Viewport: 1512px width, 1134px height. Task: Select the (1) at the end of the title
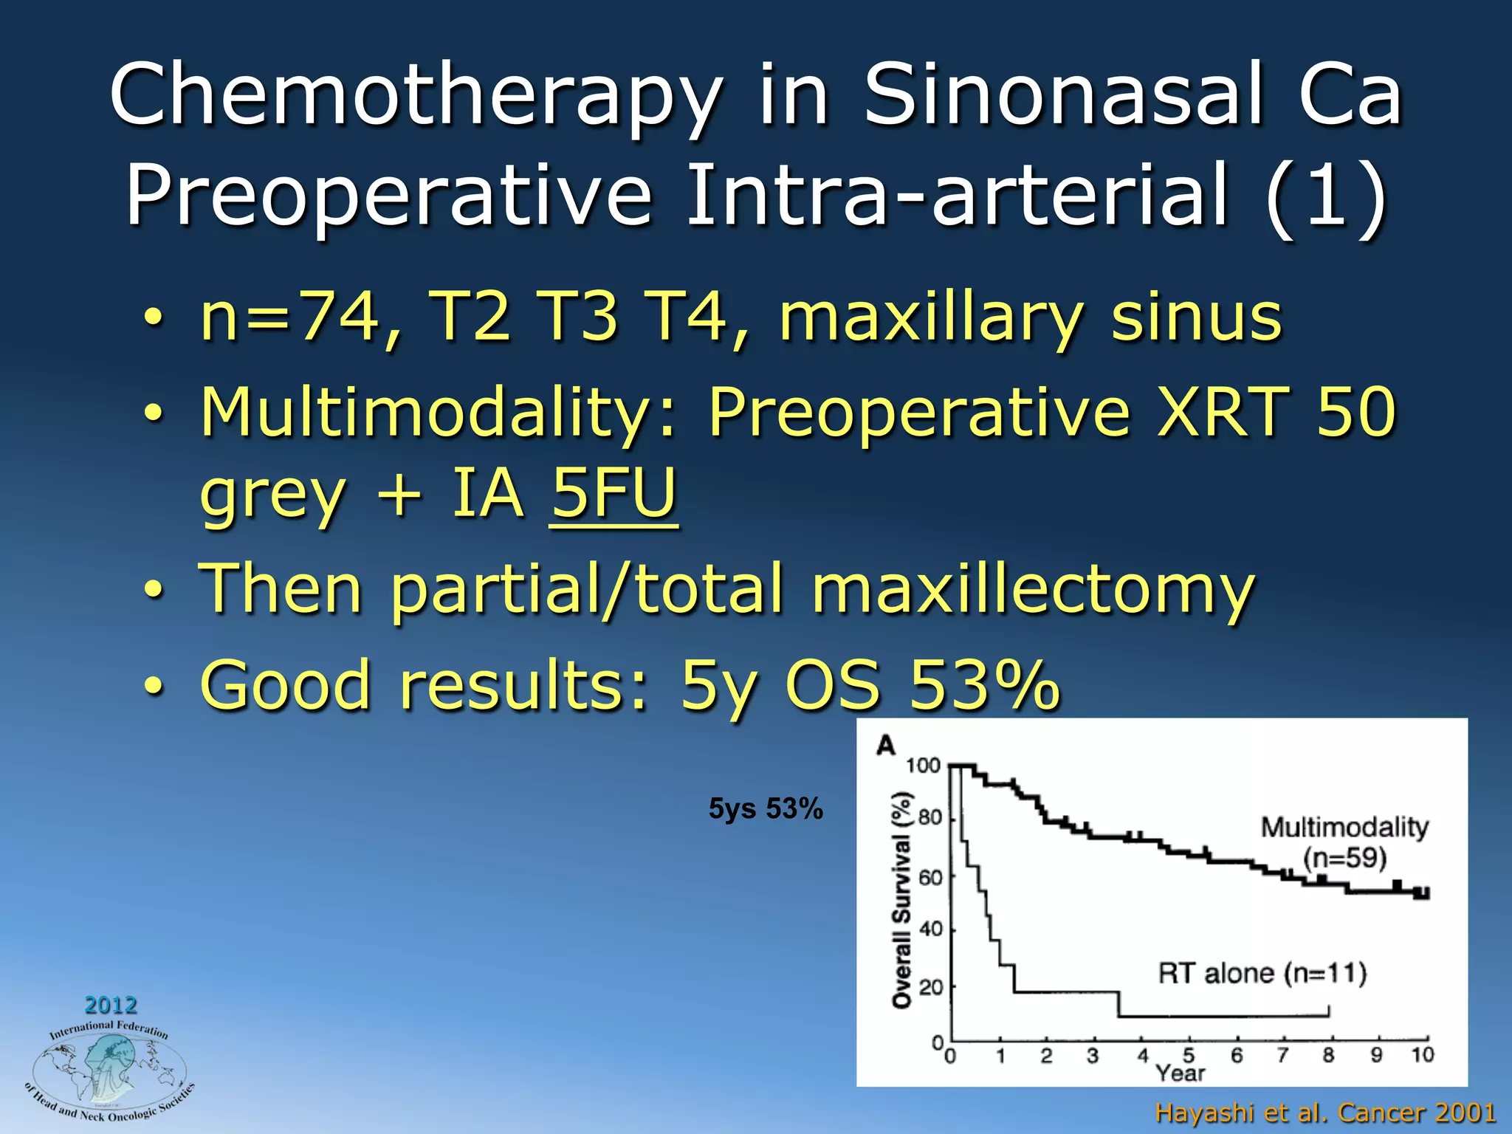[x=1326, y=196]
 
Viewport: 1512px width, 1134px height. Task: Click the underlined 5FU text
[x=613, y=493]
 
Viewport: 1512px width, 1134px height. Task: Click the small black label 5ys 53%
[x=766, y=809]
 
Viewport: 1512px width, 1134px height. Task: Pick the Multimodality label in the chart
[x=1344, y=827]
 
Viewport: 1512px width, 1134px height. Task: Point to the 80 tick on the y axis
[x=930, y=818]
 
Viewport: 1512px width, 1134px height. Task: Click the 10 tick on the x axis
[x=1422, y=1055]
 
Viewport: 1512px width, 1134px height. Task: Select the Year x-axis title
[x=1180, y=1073]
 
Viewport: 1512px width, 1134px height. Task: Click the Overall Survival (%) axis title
[x=901, y=900]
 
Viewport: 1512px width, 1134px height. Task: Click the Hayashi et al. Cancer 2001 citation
[x=1325, y=1112]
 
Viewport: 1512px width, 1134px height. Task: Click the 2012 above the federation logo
[x=111, y=1005]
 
